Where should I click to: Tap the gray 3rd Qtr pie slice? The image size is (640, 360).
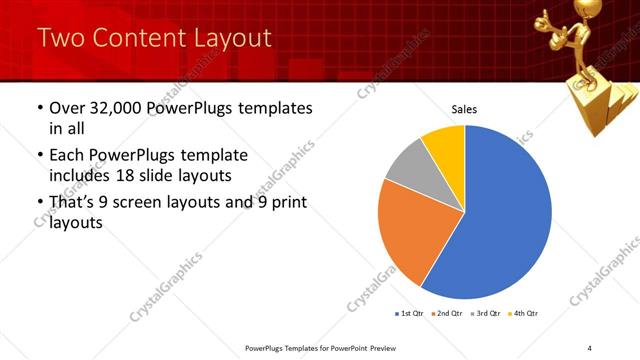(x=406, y=164)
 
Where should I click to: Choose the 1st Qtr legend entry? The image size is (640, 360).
(x=410, y=314)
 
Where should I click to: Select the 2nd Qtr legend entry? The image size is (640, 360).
(x=447, y=314)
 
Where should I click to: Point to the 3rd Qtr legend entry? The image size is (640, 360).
(x=486, y=314)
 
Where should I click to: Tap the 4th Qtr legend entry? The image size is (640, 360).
(x=524, y=314)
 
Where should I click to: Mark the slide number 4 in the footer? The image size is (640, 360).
(x=589, y=347)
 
